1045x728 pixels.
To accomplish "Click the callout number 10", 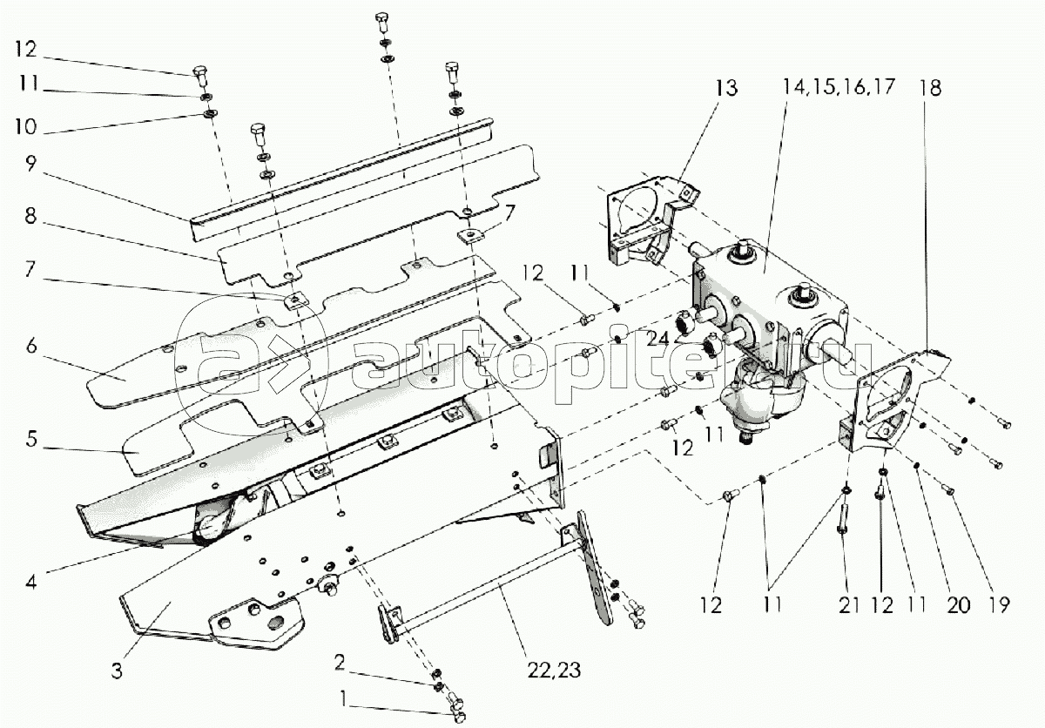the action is tap(25, 127).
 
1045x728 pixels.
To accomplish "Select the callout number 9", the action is tap(30, 164).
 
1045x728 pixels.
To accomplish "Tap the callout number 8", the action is tap(30, 216).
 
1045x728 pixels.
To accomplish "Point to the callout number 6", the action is tap(31, 346).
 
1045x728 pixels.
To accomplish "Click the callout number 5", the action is tap(31, 439).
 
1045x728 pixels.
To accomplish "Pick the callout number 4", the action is tap(31, 582).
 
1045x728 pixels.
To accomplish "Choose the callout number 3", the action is tap(117, 671).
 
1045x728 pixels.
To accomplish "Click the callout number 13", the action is tap(726, 88).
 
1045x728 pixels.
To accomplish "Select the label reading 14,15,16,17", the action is tap(839, 87).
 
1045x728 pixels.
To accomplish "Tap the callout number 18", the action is tap(930, 88).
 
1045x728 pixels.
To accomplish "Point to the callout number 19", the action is tap(998, 605).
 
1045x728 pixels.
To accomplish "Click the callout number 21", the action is tap(848, 605).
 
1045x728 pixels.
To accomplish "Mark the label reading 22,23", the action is tap(554, 671).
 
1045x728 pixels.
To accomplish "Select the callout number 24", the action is tap(657, 339).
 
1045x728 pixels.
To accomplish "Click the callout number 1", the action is tap(344, 699).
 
